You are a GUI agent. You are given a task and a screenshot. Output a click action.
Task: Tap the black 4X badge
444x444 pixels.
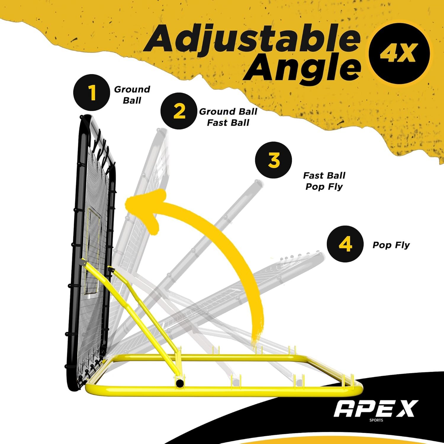(x=399, y=54)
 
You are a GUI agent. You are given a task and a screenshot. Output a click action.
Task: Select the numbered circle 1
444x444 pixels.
(x=92, y=92)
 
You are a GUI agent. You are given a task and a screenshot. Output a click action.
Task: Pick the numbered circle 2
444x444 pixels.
(x=179, y=111)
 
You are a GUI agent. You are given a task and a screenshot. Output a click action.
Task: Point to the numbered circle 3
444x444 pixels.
(x=273, y=160)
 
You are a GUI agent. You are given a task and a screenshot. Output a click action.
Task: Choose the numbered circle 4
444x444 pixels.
(x=345, y=244)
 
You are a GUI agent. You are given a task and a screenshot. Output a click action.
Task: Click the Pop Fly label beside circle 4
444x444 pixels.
(x=391, y=245)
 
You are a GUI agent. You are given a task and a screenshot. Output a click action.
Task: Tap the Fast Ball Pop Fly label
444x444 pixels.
(x=324, y=181)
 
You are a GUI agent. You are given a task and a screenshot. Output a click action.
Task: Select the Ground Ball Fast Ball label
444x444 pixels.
(x=228, y=117)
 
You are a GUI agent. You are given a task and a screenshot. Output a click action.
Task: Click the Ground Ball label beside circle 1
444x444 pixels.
(x=132, y=95)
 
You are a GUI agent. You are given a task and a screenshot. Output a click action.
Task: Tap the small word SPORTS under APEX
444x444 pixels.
(x=376, y=420)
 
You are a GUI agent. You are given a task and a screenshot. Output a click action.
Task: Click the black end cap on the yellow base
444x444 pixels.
(x=179, y=383)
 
